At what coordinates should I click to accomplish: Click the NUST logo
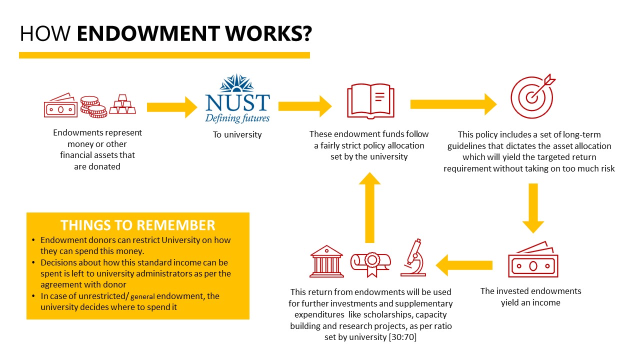237,98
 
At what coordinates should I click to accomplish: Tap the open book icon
370,101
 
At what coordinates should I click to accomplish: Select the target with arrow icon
533,96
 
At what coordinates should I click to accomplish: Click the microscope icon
413,257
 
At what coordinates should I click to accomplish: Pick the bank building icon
326,261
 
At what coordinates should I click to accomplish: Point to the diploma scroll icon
371,264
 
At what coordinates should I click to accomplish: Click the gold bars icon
122,104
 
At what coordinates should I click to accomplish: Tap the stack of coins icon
93,107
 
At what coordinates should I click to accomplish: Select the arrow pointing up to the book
369,207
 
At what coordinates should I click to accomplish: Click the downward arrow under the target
533,208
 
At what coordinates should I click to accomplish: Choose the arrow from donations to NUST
172,107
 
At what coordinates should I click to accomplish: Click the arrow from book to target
453,104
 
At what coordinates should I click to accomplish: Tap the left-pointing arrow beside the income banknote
464,265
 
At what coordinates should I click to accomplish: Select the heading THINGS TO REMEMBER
137,225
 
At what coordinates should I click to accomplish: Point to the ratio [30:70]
402,337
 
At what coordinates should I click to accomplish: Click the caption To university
237,134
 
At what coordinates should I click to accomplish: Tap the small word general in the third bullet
142,296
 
